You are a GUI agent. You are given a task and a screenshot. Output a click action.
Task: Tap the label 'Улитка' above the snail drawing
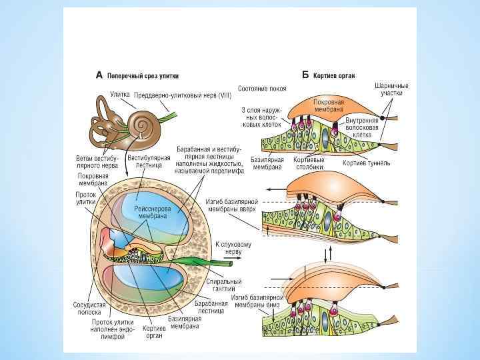pyautogui.click(x=119, y=95)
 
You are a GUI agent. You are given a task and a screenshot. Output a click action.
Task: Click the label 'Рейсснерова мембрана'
pyautogui.click(x=153, y=212)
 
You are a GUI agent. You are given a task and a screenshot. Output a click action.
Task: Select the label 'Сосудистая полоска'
pyautogui.click(x=86, y=308)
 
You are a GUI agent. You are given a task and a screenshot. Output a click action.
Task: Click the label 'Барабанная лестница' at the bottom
pyautogui.click(x=208, y=307)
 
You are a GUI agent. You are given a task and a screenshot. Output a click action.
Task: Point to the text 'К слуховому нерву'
pyautogui.click(x=233, y=249)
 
